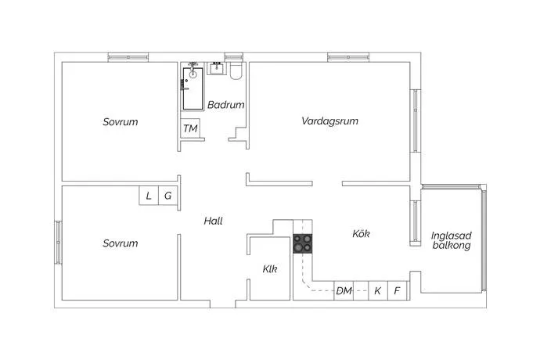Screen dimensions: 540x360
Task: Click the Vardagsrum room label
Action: (x=329, y=121)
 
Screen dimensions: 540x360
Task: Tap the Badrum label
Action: (x=226, y=105)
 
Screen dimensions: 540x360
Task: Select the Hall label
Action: (x=213, y=221)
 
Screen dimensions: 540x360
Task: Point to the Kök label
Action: (x=361, y=233)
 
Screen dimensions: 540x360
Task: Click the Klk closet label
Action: (x=270, y=268)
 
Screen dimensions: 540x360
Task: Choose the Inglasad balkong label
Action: (x=451, y=240)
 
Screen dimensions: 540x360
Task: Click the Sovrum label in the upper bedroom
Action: (x=121, y=122)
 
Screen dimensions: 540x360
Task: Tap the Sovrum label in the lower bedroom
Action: (x=121, y=243)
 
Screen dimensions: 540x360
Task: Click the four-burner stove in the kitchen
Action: (x=303, y=243)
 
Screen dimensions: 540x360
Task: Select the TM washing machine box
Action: (x=190, y=128)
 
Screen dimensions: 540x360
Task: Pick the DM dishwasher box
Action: (x=344, y=291)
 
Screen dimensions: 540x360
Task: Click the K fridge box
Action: (x=378, y=291)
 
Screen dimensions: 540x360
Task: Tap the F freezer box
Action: (x=398, y=291)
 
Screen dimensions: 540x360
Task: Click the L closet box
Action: (x=149, y=196)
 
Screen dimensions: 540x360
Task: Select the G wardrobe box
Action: (x=167, y=196)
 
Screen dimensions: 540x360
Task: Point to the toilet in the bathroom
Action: (x=236, y=71)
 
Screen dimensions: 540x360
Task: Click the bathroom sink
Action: (x=217, y=69)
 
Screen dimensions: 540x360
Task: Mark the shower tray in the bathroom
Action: (x=193, y=88)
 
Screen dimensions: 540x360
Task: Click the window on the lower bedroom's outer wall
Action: (x=58, y=243)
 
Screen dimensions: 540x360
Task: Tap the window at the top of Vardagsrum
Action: (x=348, y=57)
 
